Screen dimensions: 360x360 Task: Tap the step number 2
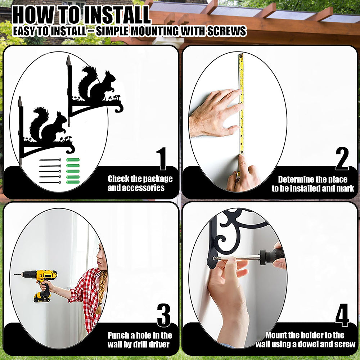coord(342,159)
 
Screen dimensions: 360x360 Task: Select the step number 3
coord(164,315)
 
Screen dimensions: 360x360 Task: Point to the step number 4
coord(342,315)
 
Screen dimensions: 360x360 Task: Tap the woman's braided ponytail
coord(101,292)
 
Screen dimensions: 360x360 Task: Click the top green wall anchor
coord(73,160)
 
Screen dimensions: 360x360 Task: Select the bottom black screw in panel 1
coord(50,183)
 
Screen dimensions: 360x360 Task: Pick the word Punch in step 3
coord(118,336)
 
